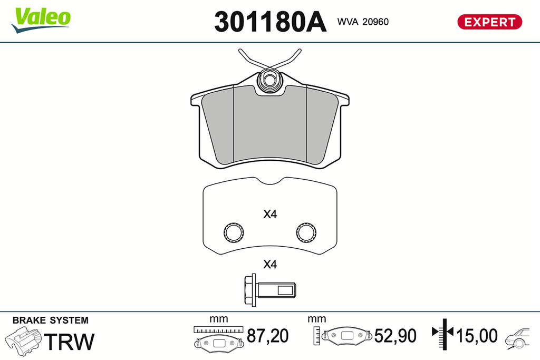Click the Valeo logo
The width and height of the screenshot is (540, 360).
(41, 20)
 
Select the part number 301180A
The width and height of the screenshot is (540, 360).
(270, 22)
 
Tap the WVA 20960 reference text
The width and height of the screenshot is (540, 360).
(363, 22)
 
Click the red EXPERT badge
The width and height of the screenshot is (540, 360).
(489, 22)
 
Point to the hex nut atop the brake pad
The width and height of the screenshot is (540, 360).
(270, 80)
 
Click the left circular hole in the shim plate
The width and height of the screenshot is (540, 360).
(234, 232)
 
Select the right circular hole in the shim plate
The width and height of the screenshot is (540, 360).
(306, 232)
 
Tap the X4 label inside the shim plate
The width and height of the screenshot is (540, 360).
(270, 215)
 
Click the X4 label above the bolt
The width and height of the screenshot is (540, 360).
(270, 264)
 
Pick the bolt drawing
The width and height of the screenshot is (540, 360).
(270, 290)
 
